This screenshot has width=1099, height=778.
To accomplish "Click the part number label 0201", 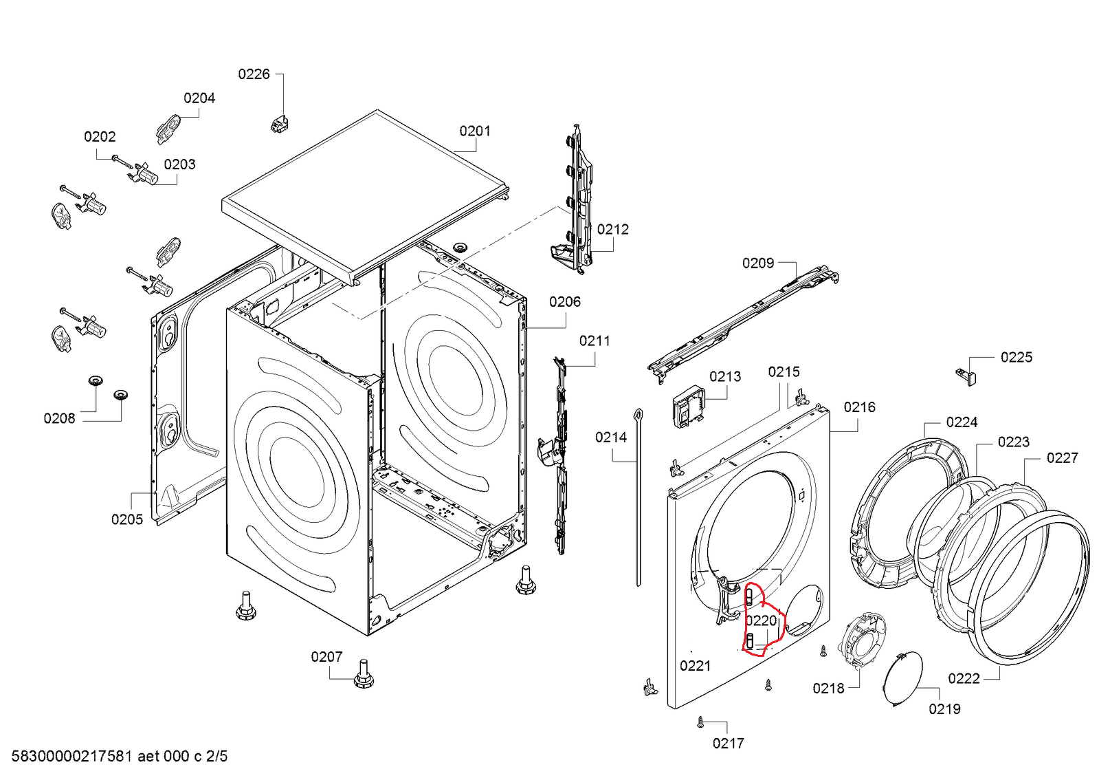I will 475,131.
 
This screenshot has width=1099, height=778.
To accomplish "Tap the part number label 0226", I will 254,74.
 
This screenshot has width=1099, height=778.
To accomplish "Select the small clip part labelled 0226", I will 279,124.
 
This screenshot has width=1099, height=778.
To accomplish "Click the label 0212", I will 612,229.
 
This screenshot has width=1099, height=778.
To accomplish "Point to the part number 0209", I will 757,263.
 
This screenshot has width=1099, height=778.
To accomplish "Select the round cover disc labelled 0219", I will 902,680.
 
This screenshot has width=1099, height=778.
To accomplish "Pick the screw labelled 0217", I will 700,722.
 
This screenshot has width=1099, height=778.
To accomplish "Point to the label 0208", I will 59,418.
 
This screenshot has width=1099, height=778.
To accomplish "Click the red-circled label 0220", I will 761,620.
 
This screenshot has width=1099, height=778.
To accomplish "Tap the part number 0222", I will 964,678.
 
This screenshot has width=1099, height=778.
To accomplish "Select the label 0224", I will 962,422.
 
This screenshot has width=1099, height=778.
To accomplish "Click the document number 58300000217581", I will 71,757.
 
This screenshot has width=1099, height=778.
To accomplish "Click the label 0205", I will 127,519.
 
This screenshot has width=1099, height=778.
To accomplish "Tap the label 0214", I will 611,437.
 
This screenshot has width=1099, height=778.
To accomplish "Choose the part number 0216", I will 859,407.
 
